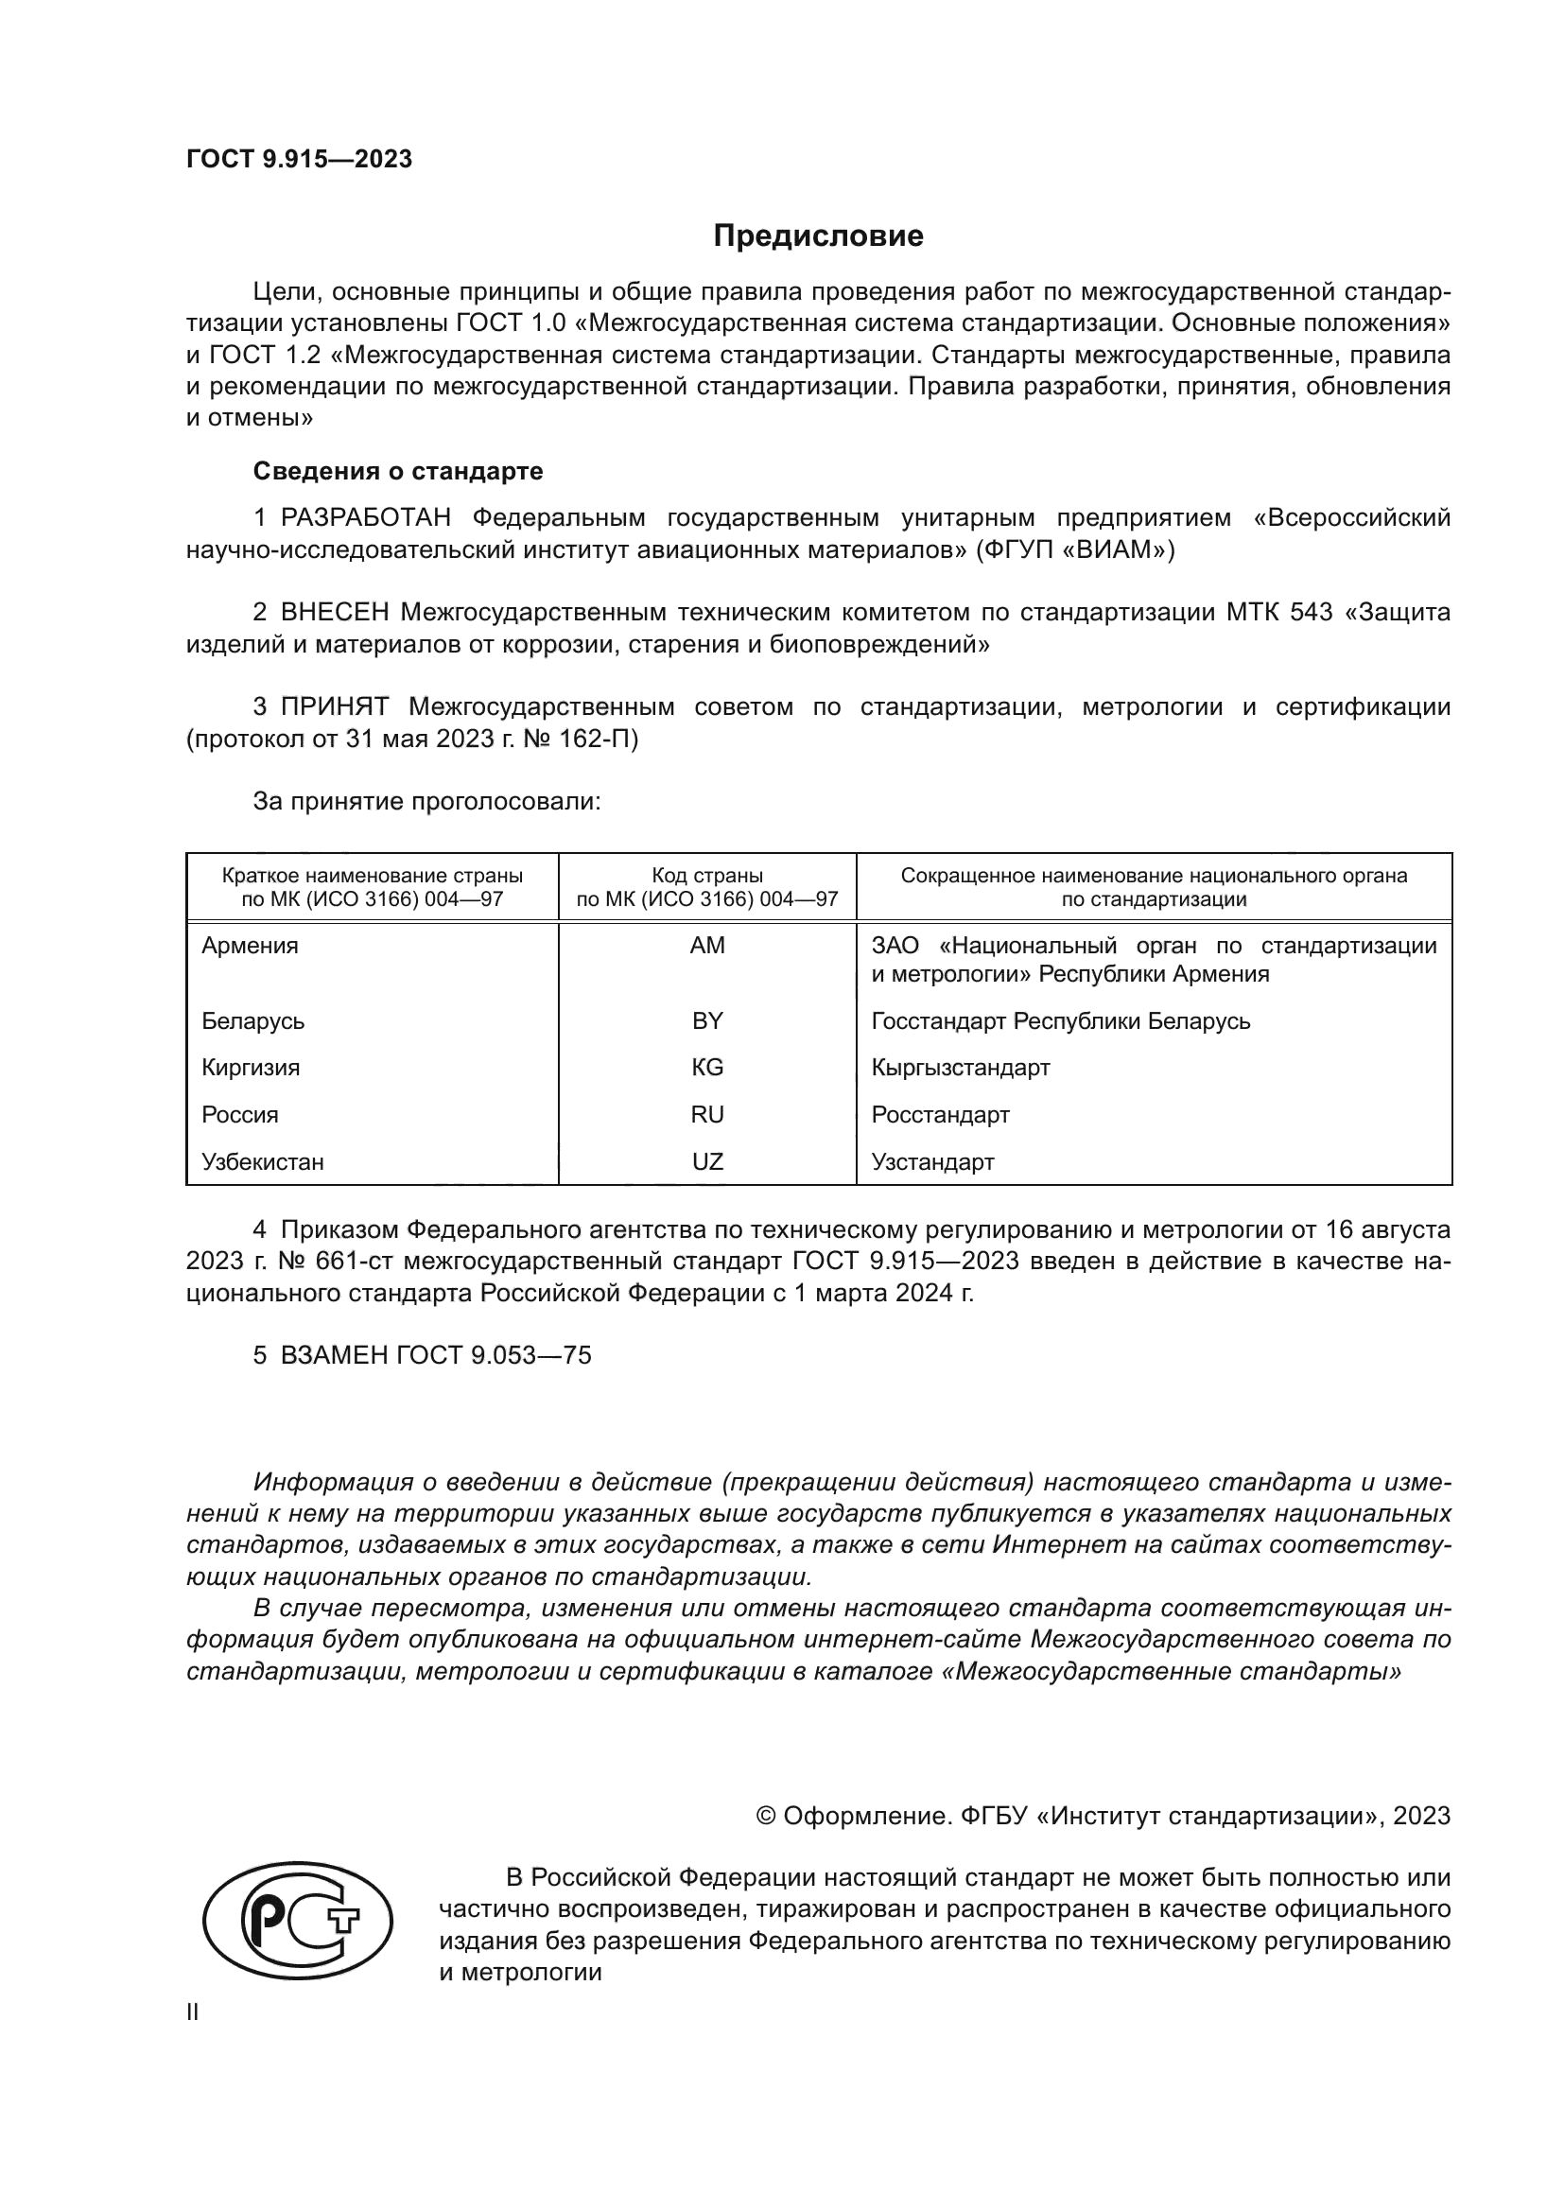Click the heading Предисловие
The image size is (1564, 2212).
(818, 236)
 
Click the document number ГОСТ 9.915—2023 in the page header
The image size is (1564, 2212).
(299, 159)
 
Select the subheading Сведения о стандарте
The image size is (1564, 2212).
(398, 471)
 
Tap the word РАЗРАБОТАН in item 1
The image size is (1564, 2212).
(365, 518)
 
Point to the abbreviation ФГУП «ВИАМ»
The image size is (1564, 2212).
(1075, 550)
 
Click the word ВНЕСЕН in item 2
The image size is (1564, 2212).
(334, 613)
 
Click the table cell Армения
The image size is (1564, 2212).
(250, 945)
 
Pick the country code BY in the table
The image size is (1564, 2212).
(707, 1020)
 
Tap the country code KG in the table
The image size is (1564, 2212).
(707, 1068)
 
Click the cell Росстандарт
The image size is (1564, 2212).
(940, 1115)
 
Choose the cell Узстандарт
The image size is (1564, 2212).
(932, 1162)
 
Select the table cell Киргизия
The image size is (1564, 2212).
(251, 1068)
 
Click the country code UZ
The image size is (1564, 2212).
(707, 1162)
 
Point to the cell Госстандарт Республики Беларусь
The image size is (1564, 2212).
(1060, 1020)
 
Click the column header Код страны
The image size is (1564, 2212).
(707, 876)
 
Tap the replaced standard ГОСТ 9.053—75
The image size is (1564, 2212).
(493, 1355)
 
